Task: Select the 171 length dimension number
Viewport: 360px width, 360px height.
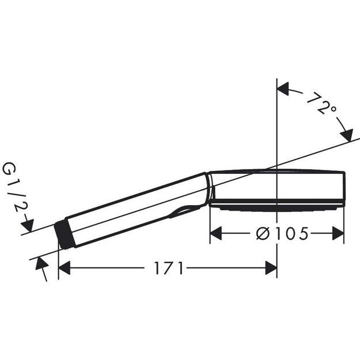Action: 168,268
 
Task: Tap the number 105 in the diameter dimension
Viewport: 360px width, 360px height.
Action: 291,233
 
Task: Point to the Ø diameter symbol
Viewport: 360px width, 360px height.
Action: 263,233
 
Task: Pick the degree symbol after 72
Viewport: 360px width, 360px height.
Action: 333,109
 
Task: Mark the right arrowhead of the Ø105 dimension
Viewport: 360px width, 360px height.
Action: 338,233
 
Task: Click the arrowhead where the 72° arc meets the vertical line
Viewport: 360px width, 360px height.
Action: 283,89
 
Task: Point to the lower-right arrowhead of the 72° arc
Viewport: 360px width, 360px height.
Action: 347,136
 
